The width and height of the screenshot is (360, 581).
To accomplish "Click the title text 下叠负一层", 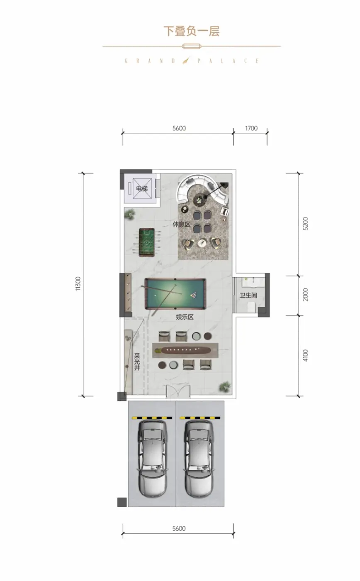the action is pyautogui.click(x=192, y=31).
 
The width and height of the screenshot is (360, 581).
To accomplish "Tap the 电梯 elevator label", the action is pyautogui.click(x=142, y=188).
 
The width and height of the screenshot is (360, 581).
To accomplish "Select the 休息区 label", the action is pyautogui.click(x=181, y=224).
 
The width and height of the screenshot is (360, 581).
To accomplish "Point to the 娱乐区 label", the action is pyautogui.click(x=185, y=317).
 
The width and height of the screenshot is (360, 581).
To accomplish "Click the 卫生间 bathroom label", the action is pyautogui.click(x=248, y=295).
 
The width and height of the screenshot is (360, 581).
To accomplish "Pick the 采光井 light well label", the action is pyautogui.click(x=137, y=361).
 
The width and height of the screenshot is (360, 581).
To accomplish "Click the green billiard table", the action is pyautogui.click(x=175, y=294).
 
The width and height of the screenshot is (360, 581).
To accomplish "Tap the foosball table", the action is pyautogui.click(x=147, y=242).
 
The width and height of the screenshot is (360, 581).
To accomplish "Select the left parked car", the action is pyautogui.click(x=152, y=459).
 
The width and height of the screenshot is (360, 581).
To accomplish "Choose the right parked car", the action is pyautogui.click(x=199, y=459).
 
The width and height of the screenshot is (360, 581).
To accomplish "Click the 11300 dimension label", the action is pyautogui.click(x=78, y=284).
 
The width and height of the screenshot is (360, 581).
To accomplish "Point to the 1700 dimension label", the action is pyautogui.click(x=251, y=128).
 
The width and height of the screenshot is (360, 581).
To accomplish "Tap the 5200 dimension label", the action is pyautogui.click(x=306, y=224).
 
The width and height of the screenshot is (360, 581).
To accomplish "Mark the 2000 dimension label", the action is pyautogui.click(x=306, y=295).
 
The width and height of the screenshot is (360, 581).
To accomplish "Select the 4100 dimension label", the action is pyautogui.click(x=306, y=355).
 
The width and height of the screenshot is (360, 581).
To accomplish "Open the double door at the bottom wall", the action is pyautogui.click(x=178, y=391).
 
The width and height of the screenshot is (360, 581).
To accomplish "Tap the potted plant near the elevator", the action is pyautogui.click(x=129, y=214).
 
